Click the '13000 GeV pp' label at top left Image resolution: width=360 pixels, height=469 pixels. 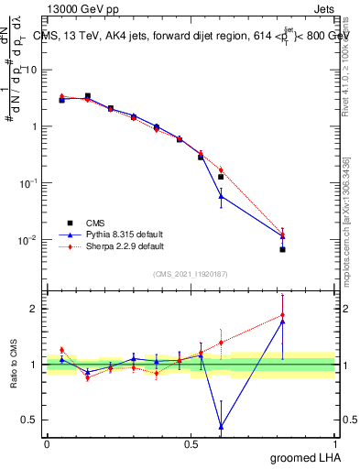(78, 7)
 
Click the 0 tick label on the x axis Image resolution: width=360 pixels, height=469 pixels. (47, 444)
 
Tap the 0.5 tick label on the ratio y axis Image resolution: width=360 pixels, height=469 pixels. (28, 420)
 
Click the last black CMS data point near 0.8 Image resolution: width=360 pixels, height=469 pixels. (283, 249)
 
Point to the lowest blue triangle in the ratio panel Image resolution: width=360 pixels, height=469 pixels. (221, 426)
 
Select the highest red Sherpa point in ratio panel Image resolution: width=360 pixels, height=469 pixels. (283, 315)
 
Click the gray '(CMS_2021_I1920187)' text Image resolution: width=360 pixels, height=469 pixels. (191, 274)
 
